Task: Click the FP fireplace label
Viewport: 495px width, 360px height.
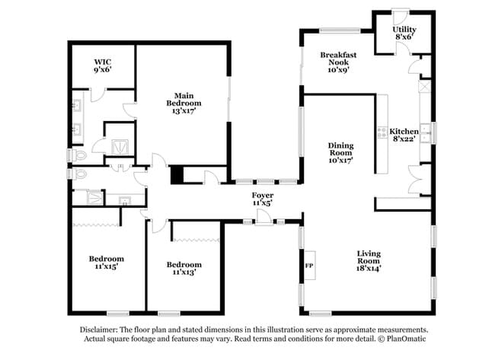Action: [309, 266]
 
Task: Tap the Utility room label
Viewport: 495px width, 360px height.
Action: [404, 30]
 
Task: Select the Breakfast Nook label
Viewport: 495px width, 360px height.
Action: [338, 59]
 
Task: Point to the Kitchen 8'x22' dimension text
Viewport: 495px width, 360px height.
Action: [404, 139]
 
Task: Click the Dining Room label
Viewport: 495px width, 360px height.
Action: [340, 149]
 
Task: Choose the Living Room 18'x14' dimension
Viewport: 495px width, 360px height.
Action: [369, 269]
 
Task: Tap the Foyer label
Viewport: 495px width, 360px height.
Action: [263, 196]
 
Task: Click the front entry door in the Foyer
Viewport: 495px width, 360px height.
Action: [264, 218]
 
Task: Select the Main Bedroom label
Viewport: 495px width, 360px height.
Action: [184, 100]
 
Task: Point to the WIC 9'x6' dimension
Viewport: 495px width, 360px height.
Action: [103, 69]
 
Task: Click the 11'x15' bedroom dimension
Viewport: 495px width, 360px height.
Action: [107, 266]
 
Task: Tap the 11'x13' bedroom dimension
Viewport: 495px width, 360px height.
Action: [184, 272]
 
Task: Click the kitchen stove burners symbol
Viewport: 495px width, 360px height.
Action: [383, 132]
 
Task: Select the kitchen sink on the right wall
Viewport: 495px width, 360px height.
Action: [426, 133]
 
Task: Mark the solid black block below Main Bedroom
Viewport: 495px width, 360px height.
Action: [177, 175]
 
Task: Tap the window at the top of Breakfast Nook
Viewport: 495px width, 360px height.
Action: [340, 30]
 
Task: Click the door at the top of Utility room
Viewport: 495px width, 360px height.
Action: [401, 17]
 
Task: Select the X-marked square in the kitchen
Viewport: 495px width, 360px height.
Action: [425, 86]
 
